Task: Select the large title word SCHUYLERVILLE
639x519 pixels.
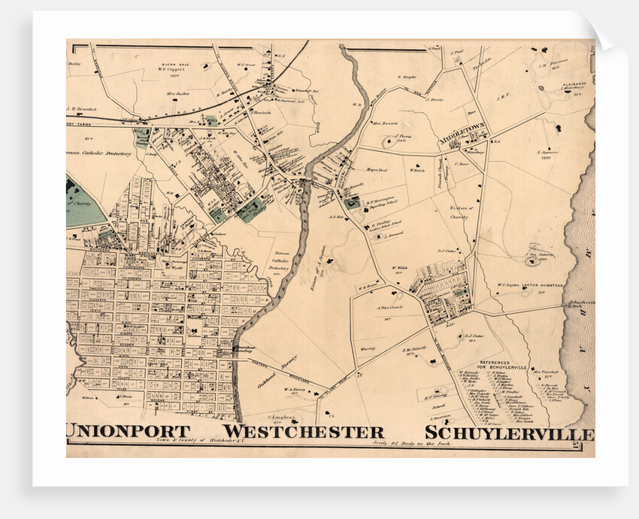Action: (x=509, y=434)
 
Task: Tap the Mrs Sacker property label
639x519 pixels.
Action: (x=178, y=94)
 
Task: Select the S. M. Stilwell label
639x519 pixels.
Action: (x=414, y=349)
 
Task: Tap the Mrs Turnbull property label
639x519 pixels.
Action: (x=547, y=372)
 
